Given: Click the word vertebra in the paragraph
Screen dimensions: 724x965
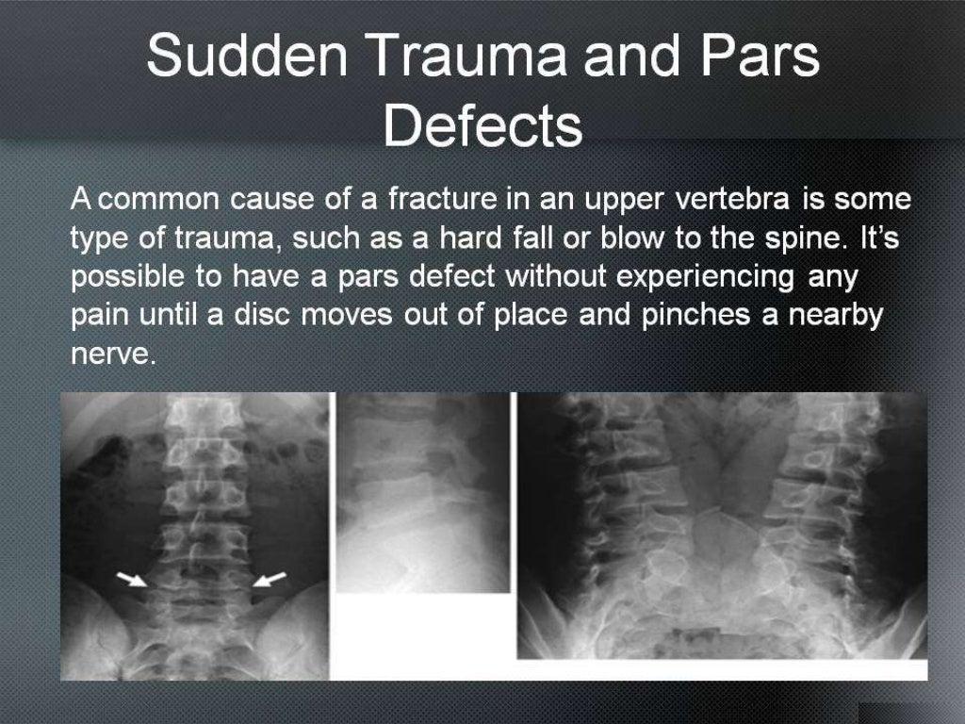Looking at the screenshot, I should (x=733, y=200).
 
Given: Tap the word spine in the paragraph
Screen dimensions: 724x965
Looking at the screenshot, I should (x=800, y=239).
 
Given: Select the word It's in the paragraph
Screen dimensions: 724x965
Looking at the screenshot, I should (x=880, y=239).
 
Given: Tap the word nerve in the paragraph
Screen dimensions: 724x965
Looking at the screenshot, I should (x=110, y=353).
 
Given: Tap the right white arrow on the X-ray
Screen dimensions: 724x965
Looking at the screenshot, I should (x=270, y=579).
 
